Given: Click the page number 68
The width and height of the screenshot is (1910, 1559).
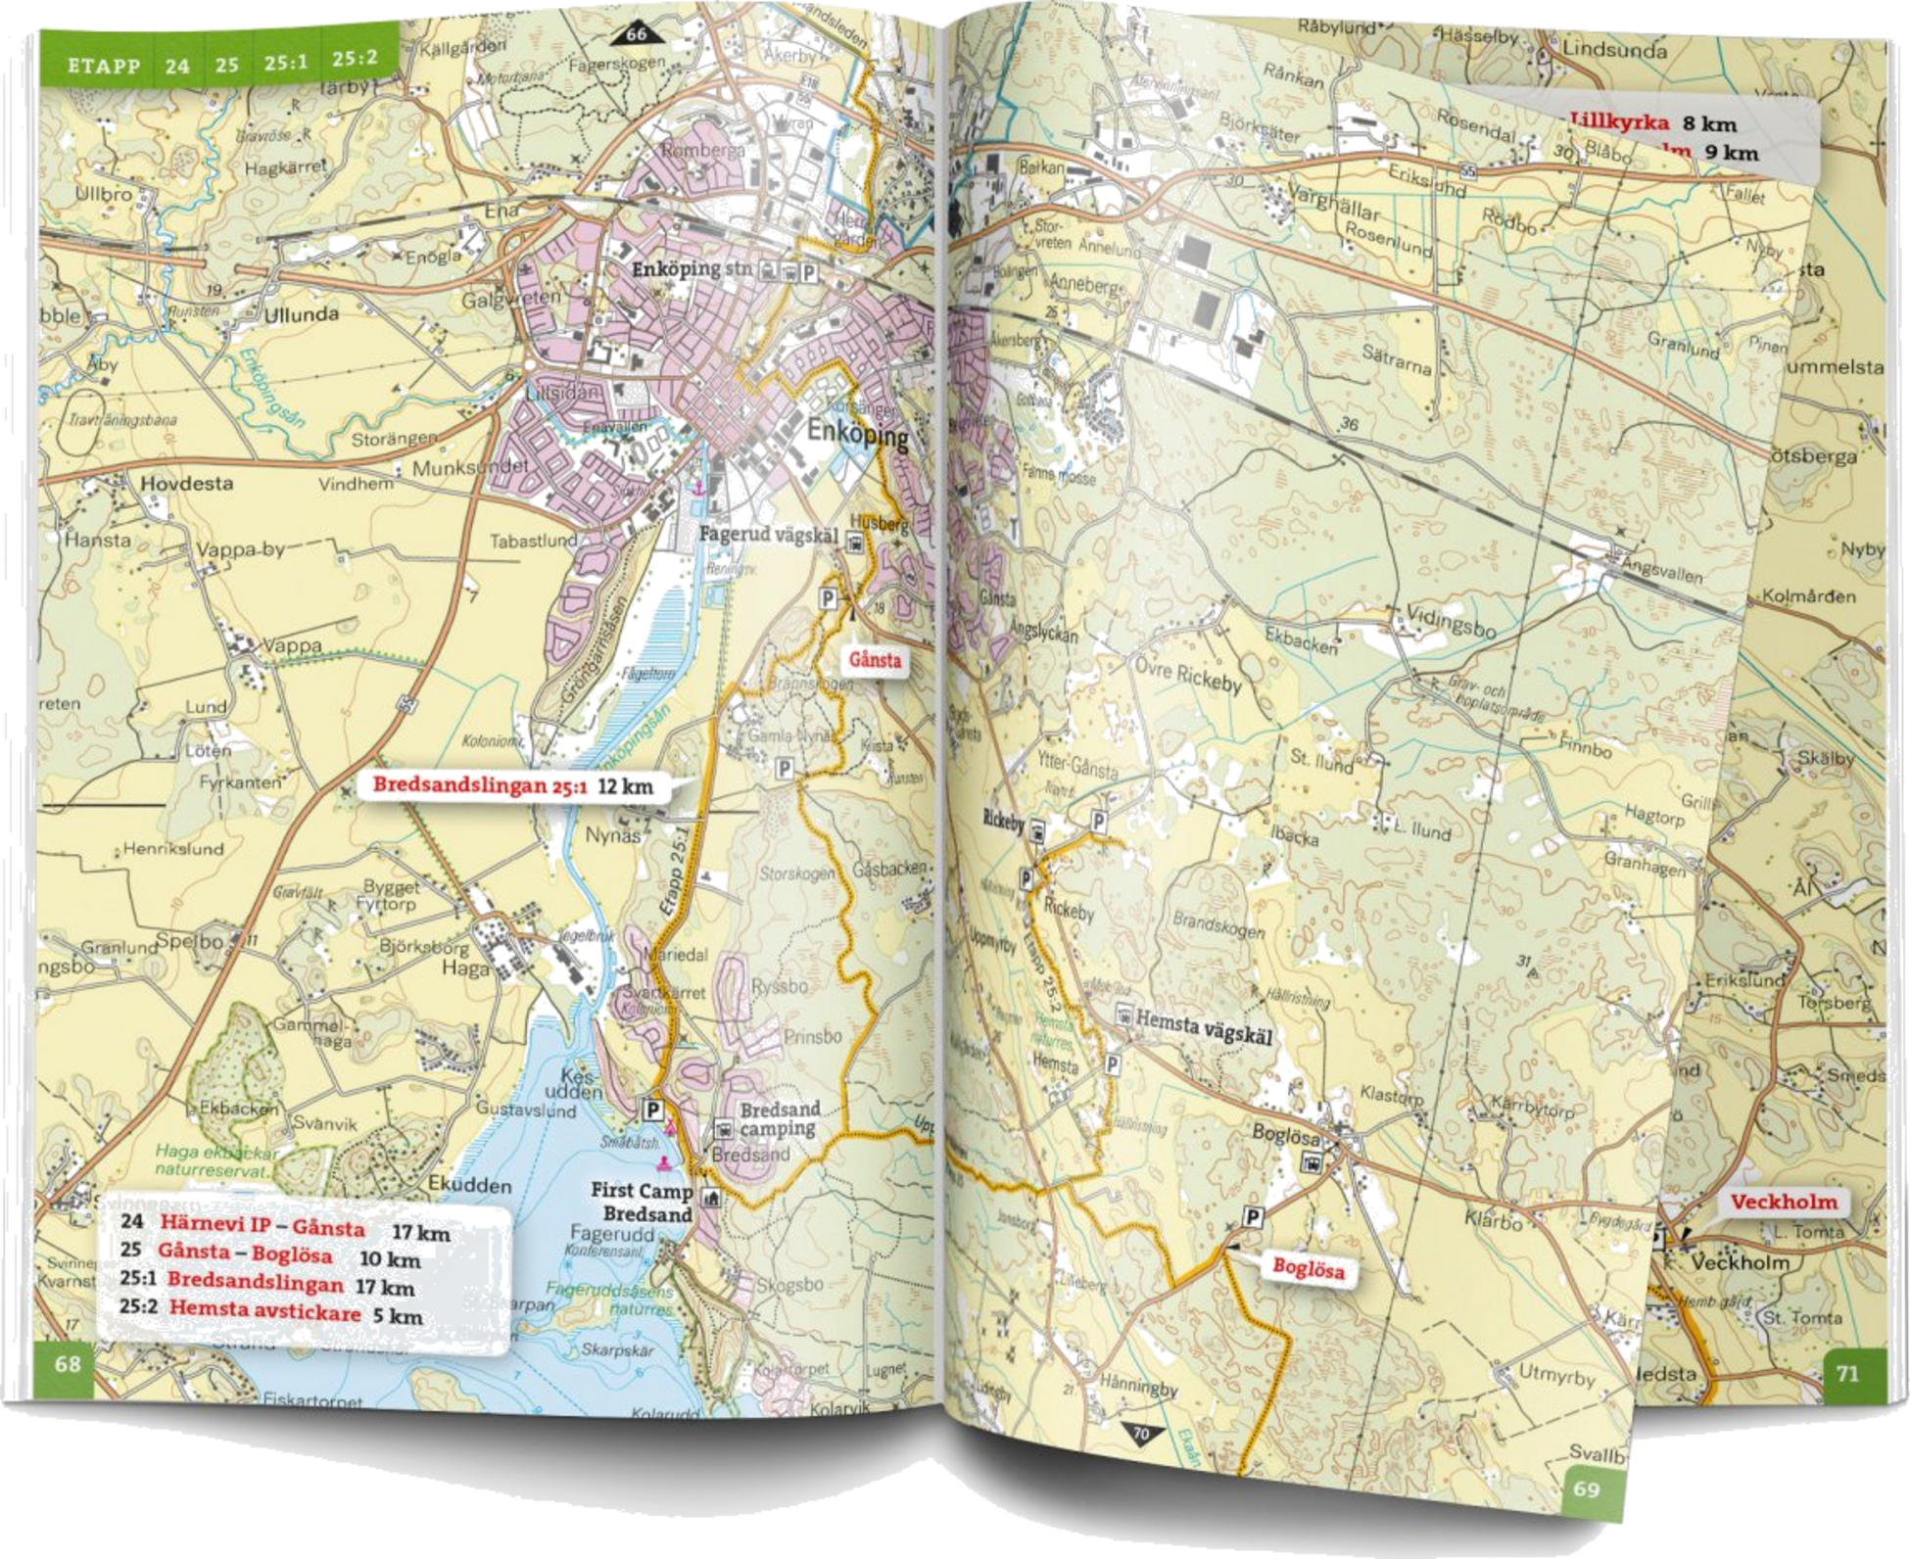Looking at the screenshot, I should (67, 1363).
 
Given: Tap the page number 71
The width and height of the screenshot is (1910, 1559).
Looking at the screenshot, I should (1846, 1374).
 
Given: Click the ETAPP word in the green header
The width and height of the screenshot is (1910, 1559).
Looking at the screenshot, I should (97, 66).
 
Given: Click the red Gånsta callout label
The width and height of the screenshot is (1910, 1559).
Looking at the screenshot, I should (875, 660).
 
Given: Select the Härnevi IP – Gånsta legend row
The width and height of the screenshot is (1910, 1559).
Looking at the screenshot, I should (284, 1229).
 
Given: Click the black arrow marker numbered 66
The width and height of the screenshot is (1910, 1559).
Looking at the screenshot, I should (637, 36).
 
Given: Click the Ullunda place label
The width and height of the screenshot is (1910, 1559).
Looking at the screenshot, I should (302, 314).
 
